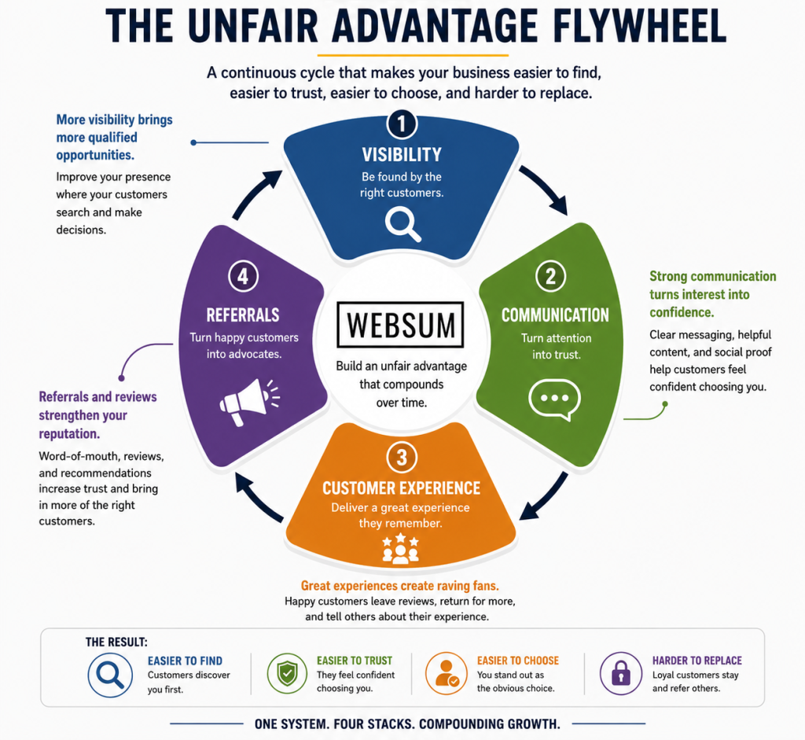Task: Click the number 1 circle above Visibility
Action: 402,123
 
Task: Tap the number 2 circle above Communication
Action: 550,276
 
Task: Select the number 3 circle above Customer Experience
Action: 402,457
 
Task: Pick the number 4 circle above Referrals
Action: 243,276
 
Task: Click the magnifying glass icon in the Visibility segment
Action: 403,224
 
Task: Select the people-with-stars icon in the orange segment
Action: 400,548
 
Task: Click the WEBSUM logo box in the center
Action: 400,325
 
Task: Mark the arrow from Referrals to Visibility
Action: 256,193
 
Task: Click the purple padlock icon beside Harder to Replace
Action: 621,673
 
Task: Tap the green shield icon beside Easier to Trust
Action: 287,673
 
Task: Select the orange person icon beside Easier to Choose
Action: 447,673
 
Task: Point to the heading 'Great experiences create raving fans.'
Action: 400,586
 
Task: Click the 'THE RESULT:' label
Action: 116,642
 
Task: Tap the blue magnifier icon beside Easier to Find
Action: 110,674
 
